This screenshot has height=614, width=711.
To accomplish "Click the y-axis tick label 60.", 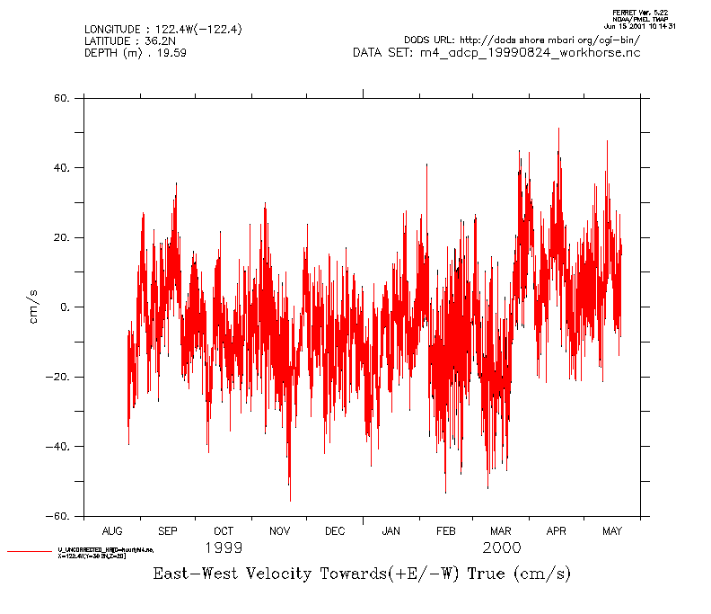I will pos(62,98).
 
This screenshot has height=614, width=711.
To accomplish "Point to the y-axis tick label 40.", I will pos(62,168).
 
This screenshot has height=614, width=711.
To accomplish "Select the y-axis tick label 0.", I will pos(66,307).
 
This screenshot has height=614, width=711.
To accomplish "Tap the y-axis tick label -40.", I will pos(59,447).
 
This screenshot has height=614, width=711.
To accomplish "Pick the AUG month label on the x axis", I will pos(112,531).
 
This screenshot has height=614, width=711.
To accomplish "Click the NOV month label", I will pos(279,531).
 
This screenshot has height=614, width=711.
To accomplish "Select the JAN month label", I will pos(391,531).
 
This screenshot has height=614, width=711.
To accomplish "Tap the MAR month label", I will pos(501,531).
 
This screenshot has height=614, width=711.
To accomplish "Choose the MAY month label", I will pos(612,531).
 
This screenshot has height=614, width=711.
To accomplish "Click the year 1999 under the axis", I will pos(224,547).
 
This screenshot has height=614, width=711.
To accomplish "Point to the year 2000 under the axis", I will pos(501,547).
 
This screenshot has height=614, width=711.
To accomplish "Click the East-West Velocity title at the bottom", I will pos(362,574).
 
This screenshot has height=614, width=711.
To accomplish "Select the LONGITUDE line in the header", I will pos(162,30).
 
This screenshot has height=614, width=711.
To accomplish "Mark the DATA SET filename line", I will pos(496,53).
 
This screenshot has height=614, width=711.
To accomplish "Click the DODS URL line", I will pos(522,40).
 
